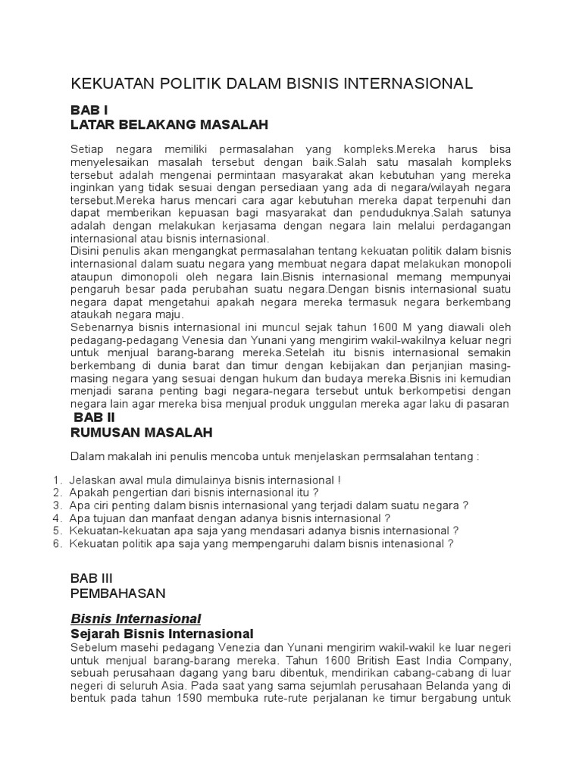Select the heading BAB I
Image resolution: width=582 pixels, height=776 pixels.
click(89, 109)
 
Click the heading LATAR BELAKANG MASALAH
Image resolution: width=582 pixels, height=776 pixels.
click(169, 124)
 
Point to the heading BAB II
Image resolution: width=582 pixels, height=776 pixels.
click(93, 418)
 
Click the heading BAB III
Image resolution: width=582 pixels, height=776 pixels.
click(92, 578)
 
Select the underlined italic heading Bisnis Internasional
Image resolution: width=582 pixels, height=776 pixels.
click(136, 618)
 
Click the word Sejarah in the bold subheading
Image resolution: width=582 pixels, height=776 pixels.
click(95, 634)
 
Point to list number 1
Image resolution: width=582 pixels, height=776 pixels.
click(57, 480)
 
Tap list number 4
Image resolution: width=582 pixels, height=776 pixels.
click(57, 518)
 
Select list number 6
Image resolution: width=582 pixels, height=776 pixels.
click(57, 543)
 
